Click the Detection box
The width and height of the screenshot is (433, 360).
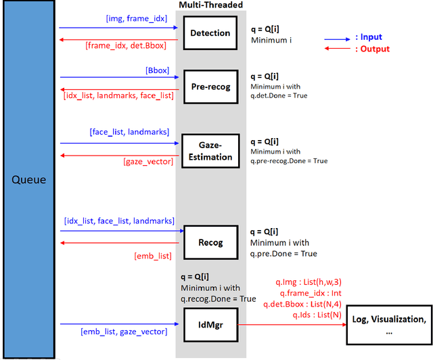210,32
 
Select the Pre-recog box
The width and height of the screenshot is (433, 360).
210,87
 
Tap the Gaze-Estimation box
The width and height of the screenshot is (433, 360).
210,151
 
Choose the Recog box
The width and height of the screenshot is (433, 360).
210,242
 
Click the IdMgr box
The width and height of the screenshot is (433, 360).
210,324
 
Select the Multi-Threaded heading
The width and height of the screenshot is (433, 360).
210,5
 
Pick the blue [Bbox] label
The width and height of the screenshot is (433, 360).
157,70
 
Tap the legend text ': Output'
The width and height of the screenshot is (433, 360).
373,49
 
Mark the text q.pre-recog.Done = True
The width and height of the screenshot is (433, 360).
289,161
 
